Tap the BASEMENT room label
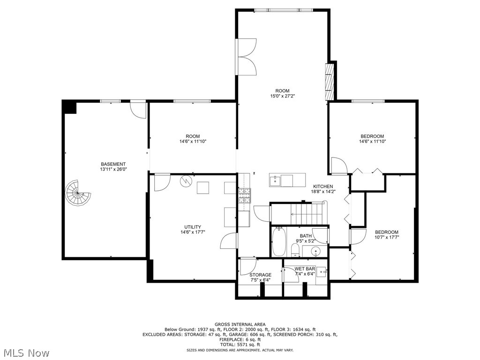113,164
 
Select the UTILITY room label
193,227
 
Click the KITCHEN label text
323,187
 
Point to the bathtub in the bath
278,240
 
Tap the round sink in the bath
316,251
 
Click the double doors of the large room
247,57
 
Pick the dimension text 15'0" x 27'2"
282,96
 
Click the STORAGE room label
260,275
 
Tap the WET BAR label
305,269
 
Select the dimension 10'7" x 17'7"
387,237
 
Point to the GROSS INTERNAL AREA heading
240,324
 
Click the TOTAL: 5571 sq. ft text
240,345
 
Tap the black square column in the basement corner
70,107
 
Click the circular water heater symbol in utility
186,180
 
